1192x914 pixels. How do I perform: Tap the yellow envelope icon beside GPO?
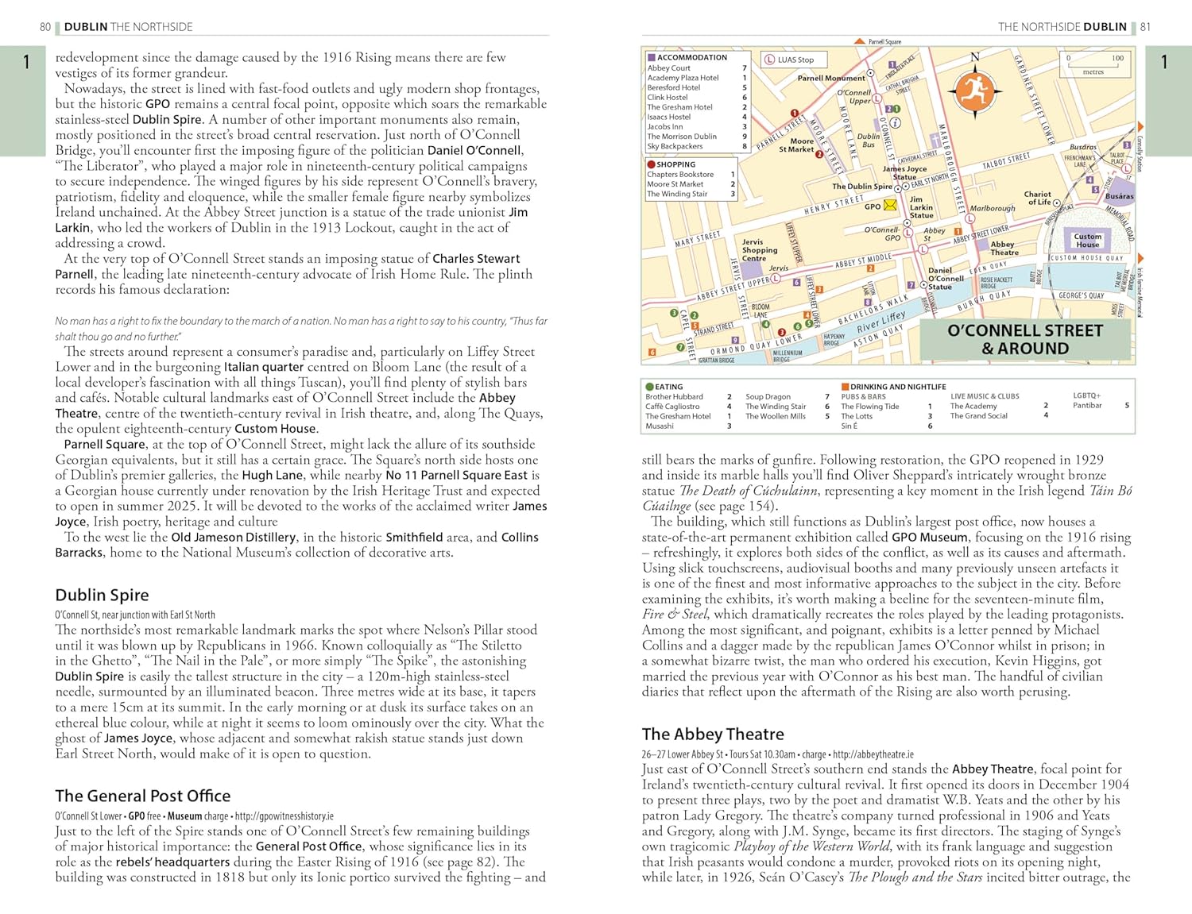pos(890,206)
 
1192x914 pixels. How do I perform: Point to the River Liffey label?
pos(880,321)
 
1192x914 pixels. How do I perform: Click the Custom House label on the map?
pos(1087,241)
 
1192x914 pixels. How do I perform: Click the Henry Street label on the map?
pos(834,205)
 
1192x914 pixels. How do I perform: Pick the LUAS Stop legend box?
pos(794,60)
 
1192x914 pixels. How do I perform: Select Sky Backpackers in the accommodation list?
pos(675,146)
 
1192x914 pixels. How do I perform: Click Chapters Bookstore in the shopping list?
pos(680,175)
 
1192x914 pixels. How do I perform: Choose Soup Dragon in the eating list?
pos(768,396)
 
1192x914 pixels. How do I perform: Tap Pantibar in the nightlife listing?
pos(1087,406)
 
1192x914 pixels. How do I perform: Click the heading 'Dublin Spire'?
pos(102,595)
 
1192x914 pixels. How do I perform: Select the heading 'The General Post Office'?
pos(142,796)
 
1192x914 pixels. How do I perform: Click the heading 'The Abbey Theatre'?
pos(712,735)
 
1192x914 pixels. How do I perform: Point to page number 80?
pos(45,27)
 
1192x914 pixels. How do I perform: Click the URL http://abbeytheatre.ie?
pos(873,754)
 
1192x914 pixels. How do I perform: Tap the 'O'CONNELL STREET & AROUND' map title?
pos(1024,339)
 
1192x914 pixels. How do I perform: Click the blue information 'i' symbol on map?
pos(895,122)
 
